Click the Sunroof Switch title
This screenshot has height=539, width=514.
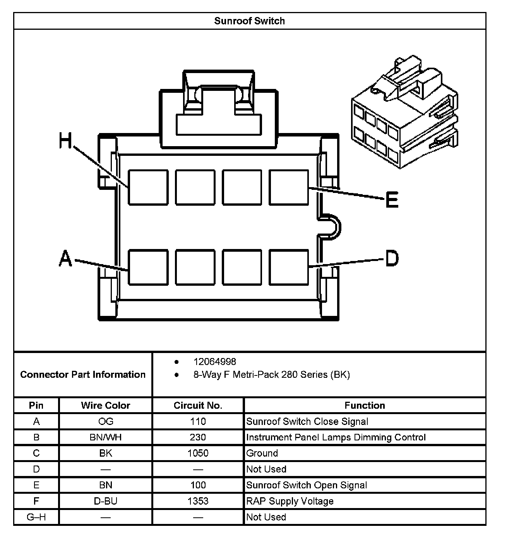[x=249, y=21]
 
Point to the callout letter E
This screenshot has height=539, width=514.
[x=392, y=200]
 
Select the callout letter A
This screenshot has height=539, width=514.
[x=65, y=258]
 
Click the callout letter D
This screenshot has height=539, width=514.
[x=392, y=258]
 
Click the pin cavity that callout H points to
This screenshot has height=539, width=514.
[x=148, y=187]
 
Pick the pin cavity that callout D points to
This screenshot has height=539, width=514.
[x=289, y=267]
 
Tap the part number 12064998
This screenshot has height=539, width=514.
[x=214, y=362]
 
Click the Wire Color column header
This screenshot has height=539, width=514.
[x=105, y=405]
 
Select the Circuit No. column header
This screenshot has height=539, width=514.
[x=198, y=405]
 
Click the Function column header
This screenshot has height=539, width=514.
[x=365, y=405]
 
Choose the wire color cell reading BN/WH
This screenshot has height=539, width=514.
[x=105, y=437]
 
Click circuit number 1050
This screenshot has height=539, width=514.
[x=198, y=453]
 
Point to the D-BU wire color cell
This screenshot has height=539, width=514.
[x=105, y=501]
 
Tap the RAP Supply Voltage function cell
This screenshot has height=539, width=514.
[x=290, y=501]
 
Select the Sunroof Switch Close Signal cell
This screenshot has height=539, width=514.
[x=307, y=421]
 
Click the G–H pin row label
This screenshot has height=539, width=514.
[x=36, y=517]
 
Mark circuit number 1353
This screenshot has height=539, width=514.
[x=198, y=501]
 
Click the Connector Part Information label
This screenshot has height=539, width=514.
[x=83, y=374]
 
